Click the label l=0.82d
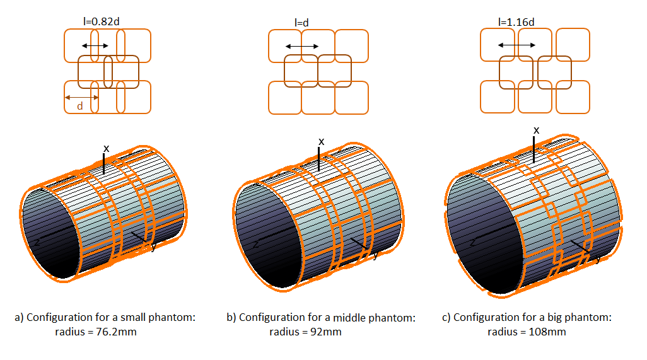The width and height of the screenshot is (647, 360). click(102, 21)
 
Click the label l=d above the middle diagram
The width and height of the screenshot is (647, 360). click(301, 23)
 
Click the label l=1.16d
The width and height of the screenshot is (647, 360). click(516, 22)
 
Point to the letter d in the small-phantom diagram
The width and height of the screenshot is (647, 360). click(80, 106)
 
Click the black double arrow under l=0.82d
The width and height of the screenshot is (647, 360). click(95, 46)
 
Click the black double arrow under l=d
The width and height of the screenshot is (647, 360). click(301, 46)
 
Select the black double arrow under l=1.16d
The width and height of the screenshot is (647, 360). click(517, 45)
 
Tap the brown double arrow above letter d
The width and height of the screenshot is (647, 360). click(81, 97)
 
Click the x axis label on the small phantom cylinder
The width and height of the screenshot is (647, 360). click(107, 148)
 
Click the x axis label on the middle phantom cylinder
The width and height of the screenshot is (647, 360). click(321, 141)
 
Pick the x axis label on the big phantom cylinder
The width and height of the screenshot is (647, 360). click(536, 130)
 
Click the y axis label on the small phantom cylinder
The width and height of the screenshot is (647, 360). click(153, 247)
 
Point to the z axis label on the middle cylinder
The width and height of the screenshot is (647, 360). click(255, 244)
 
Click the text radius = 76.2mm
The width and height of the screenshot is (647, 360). click(96, 332)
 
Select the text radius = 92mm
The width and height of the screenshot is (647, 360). click(305, 332)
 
